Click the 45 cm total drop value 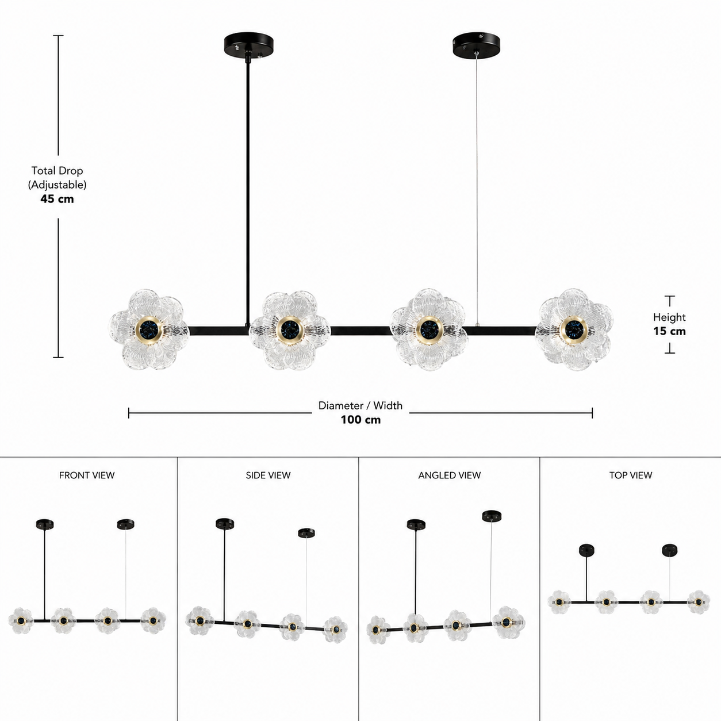click(57, 199)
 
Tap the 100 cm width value click(360, 420)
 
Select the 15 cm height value click(669, 331)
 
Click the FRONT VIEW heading click(87, 475)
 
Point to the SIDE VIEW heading click(269, 475)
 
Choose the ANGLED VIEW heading click(450, 475)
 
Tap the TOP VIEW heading click(631, 475)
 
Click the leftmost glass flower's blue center click(149, 329)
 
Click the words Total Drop click(57, 171)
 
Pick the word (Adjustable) click(57, 185)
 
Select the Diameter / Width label click(360, 405)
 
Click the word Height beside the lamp click(669, 317)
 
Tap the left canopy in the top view click(586, 550)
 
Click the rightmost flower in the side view click(335, 630)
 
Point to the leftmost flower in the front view click(21, 621)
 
